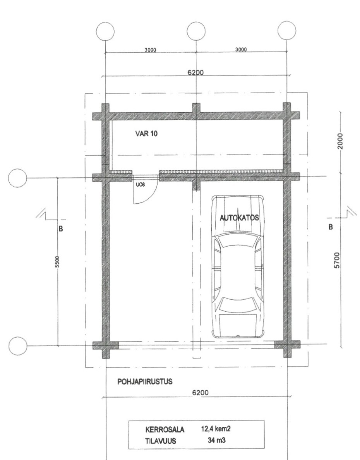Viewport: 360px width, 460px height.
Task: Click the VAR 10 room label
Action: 146,134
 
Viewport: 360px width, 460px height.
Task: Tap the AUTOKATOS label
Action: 239,218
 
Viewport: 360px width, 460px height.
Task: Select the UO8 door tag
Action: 140,185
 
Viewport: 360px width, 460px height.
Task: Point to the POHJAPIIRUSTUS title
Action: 145,382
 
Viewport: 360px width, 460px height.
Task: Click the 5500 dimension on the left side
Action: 57,262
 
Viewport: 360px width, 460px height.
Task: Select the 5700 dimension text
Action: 337,260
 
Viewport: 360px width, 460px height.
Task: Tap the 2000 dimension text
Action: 340,141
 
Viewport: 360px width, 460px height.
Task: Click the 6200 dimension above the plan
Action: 196,72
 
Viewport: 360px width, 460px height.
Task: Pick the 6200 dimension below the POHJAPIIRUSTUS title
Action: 201,393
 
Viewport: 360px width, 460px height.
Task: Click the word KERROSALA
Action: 165,429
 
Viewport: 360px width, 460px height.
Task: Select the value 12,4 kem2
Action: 216,429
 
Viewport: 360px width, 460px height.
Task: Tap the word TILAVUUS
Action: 161,441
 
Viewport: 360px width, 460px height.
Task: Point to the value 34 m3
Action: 216,440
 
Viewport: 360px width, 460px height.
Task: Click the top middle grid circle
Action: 196,31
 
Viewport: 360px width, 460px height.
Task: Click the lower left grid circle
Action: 17,346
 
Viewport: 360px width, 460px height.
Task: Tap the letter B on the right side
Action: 331,227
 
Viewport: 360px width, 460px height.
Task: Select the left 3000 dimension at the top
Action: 150,50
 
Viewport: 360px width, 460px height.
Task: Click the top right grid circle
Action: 287,30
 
